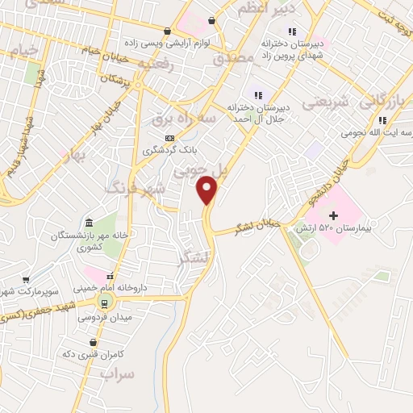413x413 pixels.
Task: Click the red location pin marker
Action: click(x=209, y=190)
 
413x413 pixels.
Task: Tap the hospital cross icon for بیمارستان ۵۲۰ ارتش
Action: click(x=333, y=215)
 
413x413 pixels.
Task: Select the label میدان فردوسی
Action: click(x=99, y=316)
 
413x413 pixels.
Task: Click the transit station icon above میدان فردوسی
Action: click(x=102, y=302)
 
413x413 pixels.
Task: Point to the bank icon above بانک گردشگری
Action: click(x=169, y=138)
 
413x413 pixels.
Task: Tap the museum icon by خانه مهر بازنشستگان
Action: click(x=88, y=223)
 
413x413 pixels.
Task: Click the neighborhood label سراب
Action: click(x=116, y=375)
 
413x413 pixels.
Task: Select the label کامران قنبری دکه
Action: click(x=90, y=353)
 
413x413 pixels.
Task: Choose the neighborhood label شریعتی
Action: click(x=326, y=103)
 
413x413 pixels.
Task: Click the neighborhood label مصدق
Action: click(x=232, y=59)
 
